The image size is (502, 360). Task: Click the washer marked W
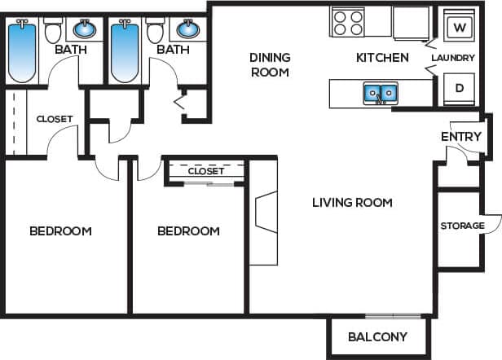459,27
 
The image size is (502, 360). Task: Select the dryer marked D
459,88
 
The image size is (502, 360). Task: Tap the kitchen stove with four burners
348,22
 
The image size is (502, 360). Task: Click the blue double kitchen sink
380,94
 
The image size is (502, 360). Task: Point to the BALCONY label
377,336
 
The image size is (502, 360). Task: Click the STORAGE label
462,226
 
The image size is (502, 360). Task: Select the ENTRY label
460,136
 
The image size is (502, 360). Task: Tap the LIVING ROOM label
352,202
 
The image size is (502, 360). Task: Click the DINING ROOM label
270,64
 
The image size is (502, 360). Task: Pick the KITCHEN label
382,58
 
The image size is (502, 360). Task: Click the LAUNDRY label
453,58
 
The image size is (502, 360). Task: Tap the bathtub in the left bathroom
22,51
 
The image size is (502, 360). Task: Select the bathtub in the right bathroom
125,51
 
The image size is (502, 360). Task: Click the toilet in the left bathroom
54,32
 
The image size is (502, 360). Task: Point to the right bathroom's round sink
187,30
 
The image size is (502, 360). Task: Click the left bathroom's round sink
85,30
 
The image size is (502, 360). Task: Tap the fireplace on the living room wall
265,213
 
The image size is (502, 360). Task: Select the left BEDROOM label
60,230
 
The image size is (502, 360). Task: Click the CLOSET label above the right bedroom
205,171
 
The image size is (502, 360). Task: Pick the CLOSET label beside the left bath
55,119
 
